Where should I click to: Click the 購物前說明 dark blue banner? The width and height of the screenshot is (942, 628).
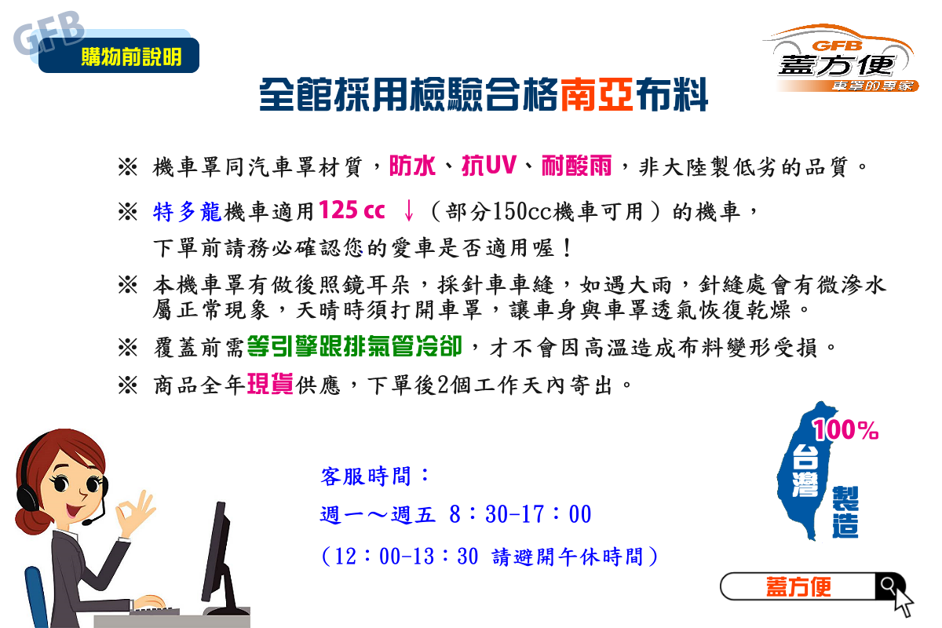[x=119, y=56]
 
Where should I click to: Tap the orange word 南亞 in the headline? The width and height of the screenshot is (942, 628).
[x=597, y=95]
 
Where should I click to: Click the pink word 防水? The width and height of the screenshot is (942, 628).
[x=412, y=166]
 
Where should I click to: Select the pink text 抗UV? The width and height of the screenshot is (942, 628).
[x=489, y=166]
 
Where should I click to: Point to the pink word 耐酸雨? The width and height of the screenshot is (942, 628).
[x=576, y=166]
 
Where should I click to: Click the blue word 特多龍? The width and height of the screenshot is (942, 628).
[x=187, y=211]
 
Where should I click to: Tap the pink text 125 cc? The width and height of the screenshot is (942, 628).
[x=352, y=210]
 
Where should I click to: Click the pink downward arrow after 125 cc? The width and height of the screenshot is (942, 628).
[x=408, y=210]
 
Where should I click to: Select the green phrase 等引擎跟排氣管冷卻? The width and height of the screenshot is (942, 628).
[x=355, y=346]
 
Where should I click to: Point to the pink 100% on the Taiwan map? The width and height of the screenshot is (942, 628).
[x=845, y=430]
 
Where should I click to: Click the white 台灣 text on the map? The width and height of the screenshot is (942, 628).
[x=805, y=471]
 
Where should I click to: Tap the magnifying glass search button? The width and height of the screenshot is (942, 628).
[x=889, y=586]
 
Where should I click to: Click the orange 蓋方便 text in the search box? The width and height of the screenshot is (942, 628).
[x=798, y=586]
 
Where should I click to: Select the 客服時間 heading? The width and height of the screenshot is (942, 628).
[x=374, y=476]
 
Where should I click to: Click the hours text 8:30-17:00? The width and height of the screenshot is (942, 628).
[x=520, y=514]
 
